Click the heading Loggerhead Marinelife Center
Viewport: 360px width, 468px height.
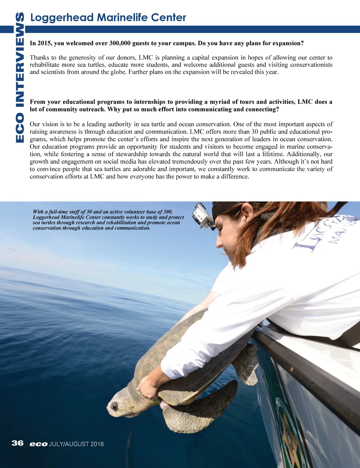coord(108,17)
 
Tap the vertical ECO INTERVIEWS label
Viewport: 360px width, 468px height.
coord(20,77)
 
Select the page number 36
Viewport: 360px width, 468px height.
coord(18,443)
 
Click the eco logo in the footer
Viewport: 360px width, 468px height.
coord(39,444)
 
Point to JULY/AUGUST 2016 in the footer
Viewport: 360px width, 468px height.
coord(77,444)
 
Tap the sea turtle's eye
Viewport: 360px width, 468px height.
coord(115,406)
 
